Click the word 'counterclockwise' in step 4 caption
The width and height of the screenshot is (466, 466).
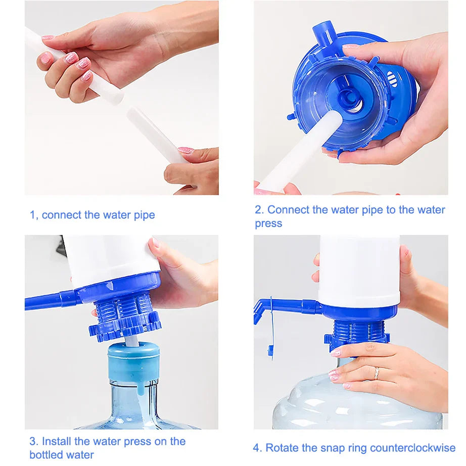coord(412,448)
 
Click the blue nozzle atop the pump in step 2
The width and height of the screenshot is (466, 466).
coord(323,33)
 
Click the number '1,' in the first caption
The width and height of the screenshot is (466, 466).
coord(34,215)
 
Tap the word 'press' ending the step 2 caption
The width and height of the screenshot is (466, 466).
coord(268,223)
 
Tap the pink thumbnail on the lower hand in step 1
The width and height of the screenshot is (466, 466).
coord(186,150)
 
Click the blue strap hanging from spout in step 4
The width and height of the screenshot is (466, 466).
coord(271,331)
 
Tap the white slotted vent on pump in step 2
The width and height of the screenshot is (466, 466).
coord(392,78)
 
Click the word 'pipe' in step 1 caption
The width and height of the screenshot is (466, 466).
coord(144,215)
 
